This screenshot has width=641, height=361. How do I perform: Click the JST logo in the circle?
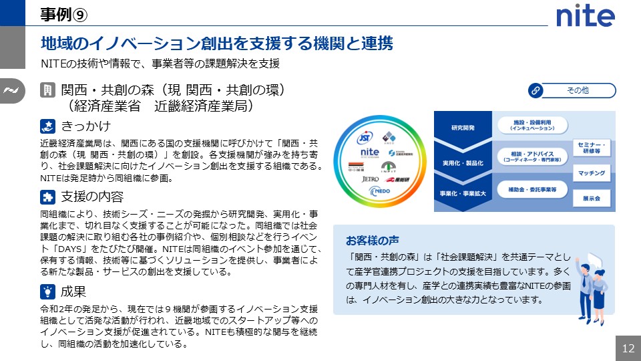[365, 138]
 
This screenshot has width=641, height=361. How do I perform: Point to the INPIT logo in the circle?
[389, 166]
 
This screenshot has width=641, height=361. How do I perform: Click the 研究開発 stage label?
[463, 128]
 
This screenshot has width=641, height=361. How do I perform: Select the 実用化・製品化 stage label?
[463, 162]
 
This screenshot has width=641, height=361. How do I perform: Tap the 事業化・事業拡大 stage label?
[463, 193]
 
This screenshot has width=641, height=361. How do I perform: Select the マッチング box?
[591, 174]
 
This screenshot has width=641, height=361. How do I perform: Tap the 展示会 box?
[591, 199]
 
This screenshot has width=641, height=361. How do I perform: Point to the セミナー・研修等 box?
[591, 148]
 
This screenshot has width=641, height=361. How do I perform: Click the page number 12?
[628, 348]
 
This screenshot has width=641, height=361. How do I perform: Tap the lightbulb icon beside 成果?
[47, 291]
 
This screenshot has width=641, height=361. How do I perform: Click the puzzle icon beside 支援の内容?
[47, 197]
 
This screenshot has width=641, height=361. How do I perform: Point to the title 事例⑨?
[62, 13]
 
